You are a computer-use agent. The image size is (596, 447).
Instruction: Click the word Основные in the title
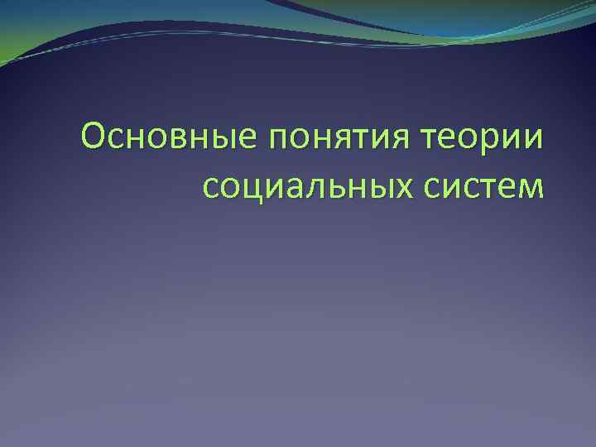166,137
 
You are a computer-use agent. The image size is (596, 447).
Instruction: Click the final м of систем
531,186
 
